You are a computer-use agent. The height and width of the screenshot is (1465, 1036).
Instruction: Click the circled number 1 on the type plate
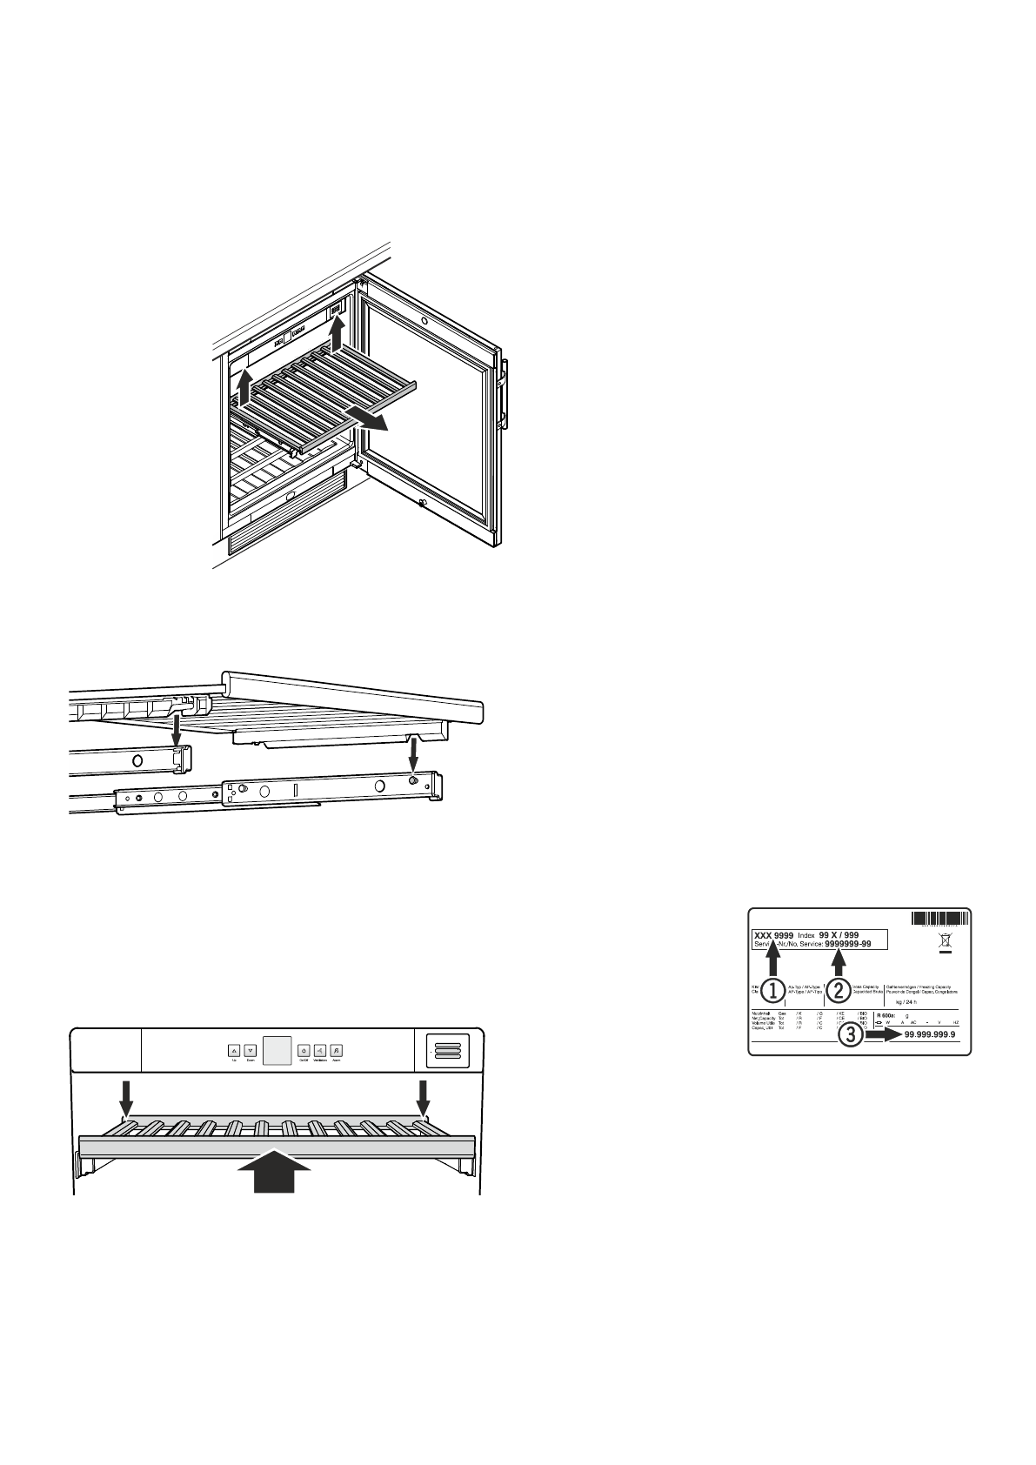[772, 989]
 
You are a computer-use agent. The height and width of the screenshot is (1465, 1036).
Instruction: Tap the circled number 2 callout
[838, 989]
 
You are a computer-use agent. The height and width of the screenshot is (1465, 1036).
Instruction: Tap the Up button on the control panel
[235, 1050]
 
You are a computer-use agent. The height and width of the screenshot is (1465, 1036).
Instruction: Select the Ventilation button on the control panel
[320, 1050]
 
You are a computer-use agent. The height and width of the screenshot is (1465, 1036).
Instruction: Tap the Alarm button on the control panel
[337, 1050]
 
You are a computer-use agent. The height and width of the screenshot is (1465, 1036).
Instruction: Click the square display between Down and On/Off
[277, 1051]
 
